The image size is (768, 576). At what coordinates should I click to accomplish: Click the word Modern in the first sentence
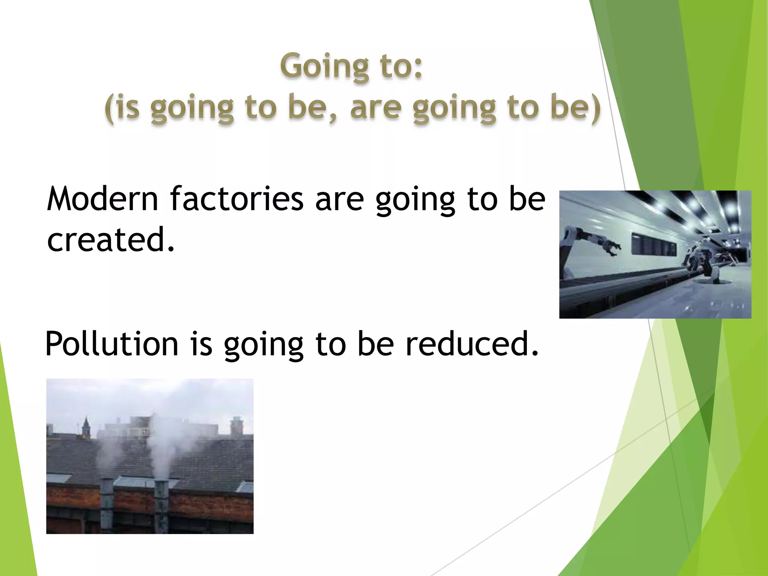pos(102,199)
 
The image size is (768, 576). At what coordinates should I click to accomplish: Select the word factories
pos(237,199)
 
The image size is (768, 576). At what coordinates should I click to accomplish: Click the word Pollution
pos(111,344)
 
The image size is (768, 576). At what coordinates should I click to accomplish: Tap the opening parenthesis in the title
pos(109,109)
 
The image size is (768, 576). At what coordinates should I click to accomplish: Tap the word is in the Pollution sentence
pos(201,344)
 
